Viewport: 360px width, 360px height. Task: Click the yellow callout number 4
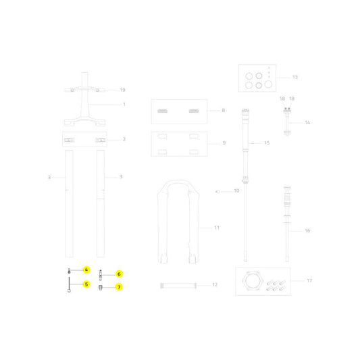tap(86, 269)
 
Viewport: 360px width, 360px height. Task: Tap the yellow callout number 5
tap(86, 284)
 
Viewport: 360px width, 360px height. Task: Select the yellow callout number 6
tap(119, 274)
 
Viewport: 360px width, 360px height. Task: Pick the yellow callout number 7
tap(119, 287)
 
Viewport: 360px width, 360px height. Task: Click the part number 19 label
tap(123, 90)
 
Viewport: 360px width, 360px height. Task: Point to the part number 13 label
tap(295, 77)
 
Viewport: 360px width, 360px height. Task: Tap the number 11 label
tap(217, 228)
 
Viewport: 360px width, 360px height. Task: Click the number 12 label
tap(215, 285)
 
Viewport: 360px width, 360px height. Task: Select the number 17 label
tap(309, 280)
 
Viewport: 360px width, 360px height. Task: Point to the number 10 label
tap(236, 190)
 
